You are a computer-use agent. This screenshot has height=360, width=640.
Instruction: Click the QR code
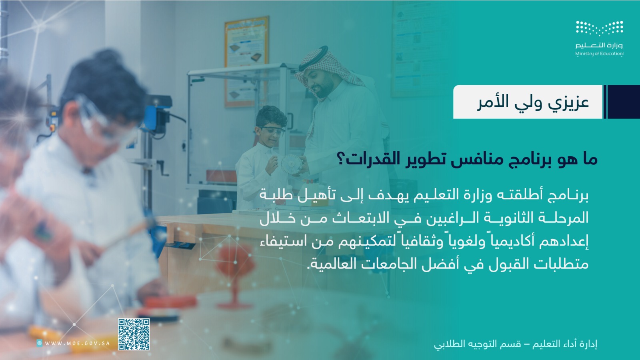(134, 334)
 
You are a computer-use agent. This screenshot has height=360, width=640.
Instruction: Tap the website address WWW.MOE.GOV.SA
(78, 343)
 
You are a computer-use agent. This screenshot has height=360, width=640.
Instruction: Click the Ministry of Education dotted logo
(600, 28)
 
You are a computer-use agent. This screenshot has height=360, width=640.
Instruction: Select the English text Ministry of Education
(600, 54)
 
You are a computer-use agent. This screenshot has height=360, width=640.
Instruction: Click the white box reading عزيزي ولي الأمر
(528, 102)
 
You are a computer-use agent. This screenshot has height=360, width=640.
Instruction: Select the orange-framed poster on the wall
(246, 62)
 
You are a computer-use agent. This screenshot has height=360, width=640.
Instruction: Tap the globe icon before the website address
(40, 343)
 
